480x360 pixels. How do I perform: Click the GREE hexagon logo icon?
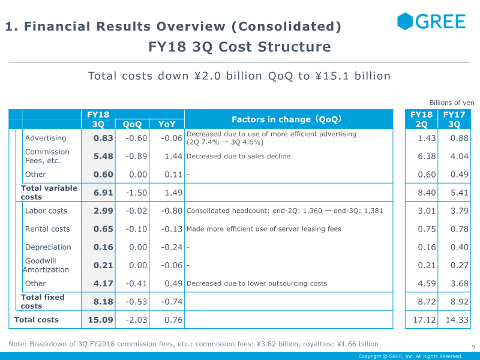click(404, 21)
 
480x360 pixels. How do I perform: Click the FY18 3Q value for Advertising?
click(103, 138)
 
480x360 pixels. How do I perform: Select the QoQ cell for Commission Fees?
click(136, 156)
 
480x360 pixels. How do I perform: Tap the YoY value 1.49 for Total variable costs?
click(173, 193)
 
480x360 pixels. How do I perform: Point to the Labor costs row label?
click(46, 211)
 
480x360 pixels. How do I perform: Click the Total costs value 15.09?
click(100, 320)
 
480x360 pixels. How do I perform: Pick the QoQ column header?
click(132, 124)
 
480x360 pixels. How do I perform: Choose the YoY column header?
click(167, 124)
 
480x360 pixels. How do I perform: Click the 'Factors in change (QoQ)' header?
click(287, 119)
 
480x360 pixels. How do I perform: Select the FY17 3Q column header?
click(454, 119)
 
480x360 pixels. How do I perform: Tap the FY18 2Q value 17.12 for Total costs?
click(424, 320)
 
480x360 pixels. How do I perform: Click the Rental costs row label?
click(47, 229)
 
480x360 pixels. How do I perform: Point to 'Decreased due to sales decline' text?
click(238, 156)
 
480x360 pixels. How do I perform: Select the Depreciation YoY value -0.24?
click(172, 247)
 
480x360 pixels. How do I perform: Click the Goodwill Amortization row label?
click(46, 265)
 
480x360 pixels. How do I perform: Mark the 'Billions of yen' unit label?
click(452, 103)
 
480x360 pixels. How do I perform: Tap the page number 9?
click(473, 347)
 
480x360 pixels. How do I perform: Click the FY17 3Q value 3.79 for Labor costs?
click(459, 211)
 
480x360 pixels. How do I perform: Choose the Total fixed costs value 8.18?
click(103, 302)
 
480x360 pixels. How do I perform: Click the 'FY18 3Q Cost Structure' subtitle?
click(239, 47)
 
